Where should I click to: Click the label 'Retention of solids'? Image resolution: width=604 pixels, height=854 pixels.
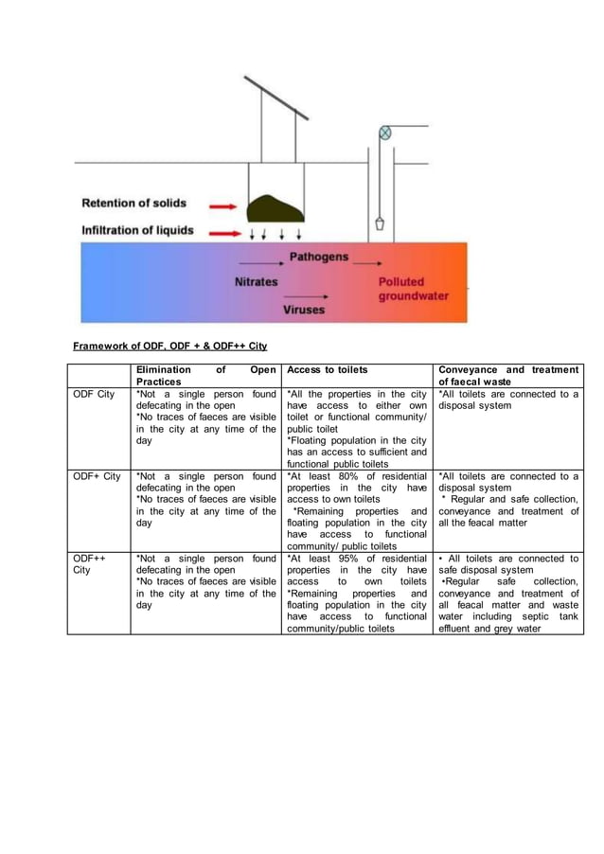pos(133,203)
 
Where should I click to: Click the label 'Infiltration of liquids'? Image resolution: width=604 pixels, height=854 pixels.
pos(137,230)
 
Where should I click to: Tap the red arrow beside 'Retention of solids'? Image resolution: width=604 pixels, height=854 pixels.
pos(222,205)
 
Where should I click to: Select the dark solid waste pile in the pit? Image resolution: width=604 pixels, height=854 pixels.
pos(275,205)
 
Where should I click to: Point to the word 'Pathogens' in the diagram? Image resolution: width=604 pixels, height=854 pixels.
pos(318,257)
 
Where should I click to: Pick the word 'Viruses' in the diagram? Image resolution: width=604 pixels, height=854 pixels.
pos(304,310)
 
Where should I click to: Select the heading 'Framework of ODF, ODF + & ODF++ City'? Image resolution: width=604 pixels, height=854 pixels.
pos(170,346)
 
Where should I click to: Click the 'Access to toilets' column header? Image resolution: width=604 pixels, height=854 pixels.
pos(327,369)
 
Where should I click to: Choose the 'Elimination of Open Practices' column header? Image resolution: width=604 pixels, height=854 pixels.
pos(206,375)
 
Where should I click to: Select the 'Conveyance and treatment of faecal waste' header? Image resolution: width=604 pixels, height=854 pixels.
pos(508,375)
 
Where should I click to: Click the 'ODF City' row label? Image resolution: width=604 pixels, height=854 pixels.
pos(94,394)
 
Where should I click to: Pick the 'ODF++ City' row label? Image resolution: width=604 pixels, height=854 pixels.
pos(90,565)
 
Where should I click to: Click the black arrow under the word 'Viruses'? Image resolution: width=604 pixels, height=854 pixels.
pos(304,296)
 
